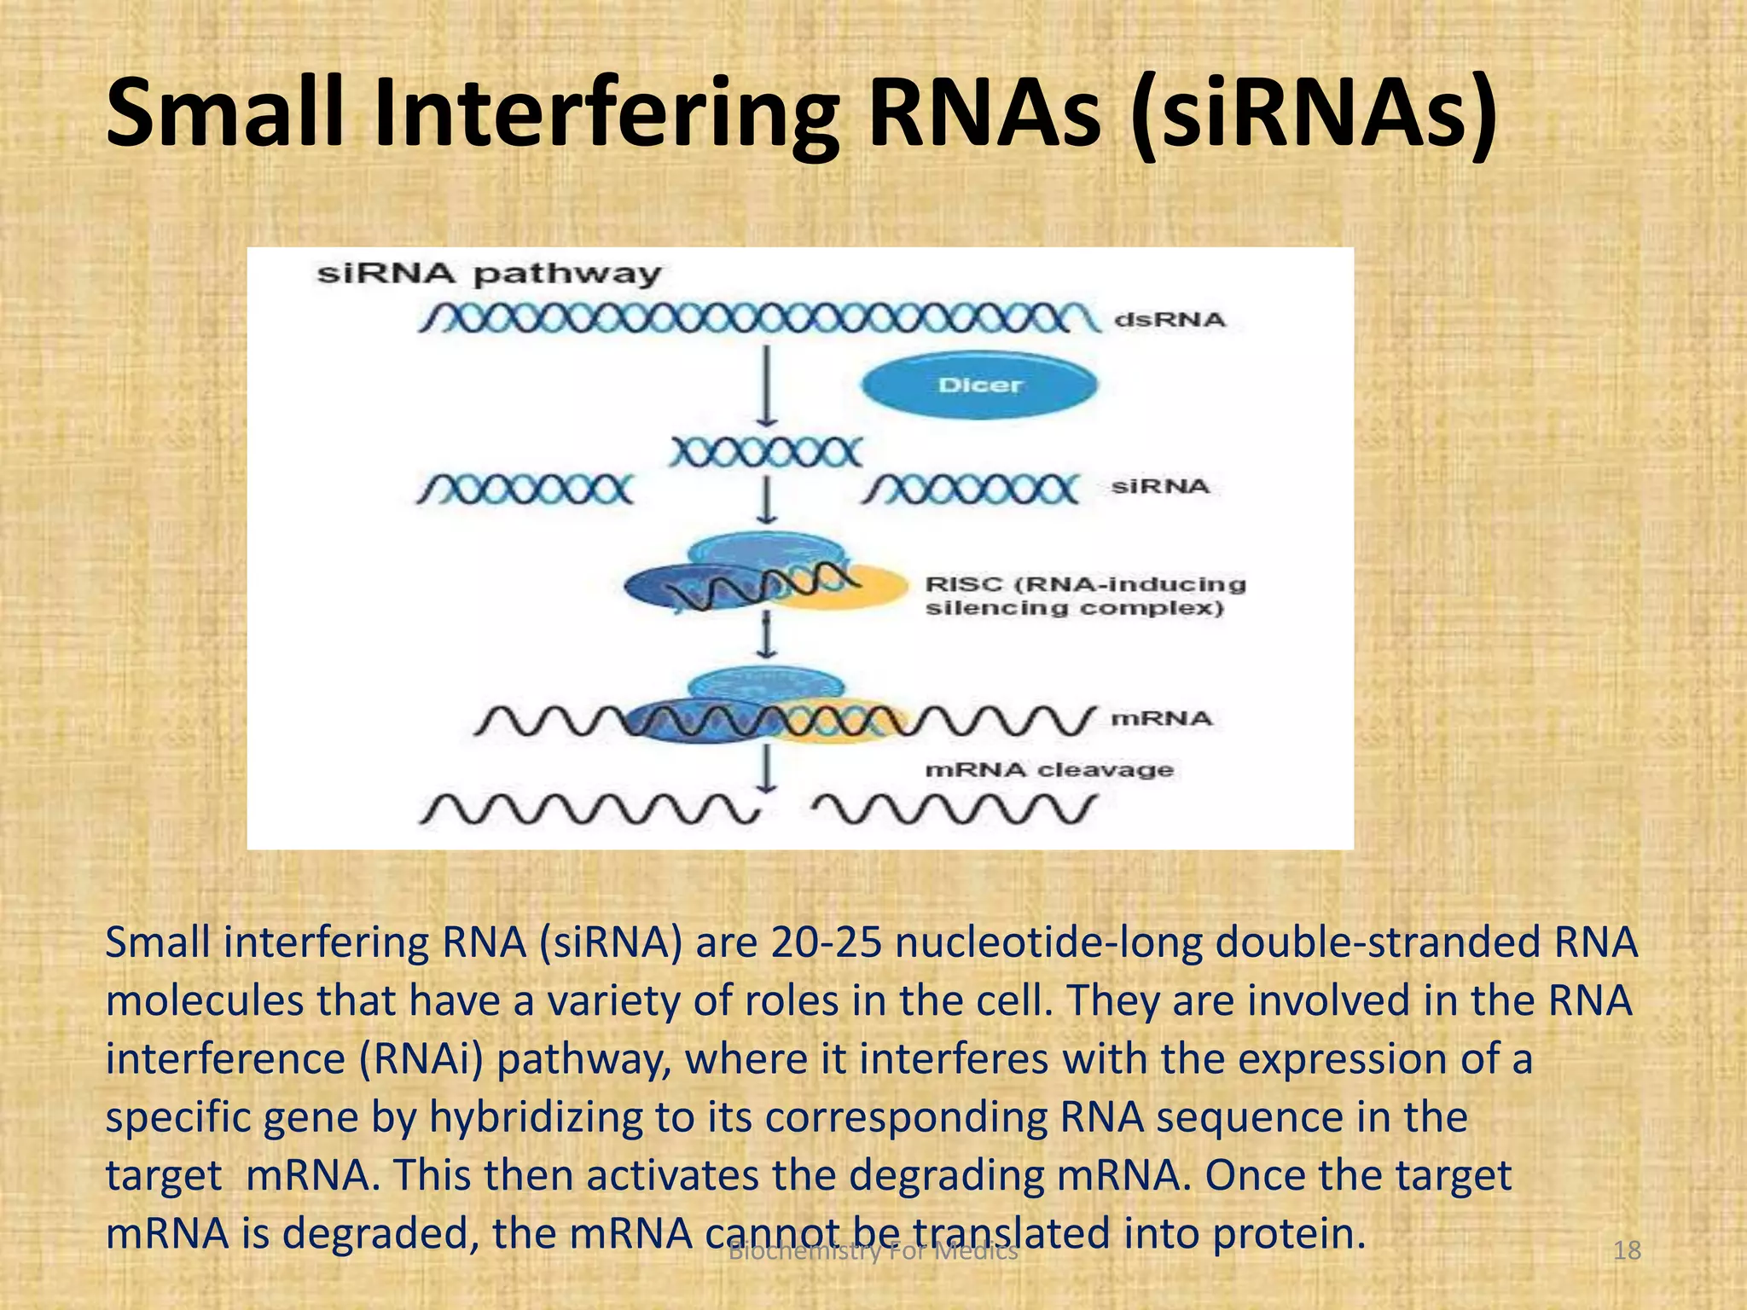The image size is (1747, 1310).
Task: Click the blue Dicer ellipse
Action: [x=978, y=385]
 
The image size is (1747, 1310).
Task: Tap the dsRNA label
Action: [x=1170, y=320]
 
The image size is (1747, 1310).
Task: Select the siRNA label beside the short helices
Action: [x=1160, y=487]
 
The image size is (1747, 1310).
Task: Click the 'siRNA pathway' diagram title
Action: [x=489, y=274]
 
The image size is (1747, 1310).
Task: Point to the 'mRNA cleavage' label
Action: [x=1048, y=770]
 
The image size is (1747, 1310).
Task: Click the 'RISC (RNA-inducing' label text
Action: [x=1085, y=584]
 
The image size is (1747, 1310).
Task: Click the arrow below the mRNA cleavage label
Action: [x=767, y=768]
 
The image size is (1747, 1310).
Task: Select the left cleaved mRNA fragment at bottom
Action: [x=589, y=809]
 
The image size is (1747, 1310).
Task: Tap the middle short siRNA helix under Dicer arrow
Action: [x=765, y=452]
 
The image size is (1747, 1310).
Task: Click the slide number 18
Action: [x=1627, y=1251]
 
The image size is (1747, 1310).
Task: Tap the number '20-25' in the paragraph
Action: [x=825, y=943]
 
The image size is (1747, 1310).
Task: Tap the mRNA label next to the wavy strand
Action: [x=1160, y=719]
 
